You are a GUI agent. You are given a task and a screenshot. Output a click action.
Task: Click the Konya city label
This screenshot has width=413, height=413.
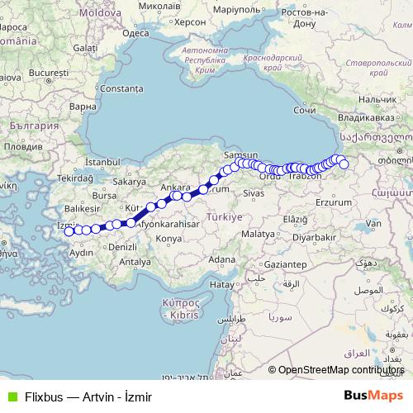[x=168, y=238]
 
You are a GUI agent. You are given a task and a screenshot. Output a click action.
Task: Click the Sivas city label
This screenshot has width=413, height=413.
[x=253, y=192]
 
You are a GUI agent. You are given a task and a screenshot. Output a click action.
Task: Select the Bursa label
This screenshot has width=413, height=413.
[x=105, y=196]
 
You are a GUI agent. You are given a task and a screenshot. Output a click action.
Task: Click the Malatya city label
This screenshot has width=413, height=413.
[x=257, y=234]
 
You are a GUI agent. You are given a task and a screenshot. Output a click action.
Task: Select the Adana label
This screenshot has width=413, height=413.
[x=221, y=259]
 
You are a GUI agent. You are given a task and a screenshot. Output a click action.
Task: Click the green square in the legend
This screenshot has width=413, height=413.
[x=11, y=396]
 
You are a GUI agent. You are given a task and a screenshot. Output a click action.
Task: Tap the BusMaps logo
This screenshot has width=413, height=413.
[x=373, y=396]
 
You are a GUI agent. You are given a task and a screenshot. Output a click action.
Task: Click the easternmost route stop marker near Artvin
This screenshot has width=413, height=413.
[x=344, y=164]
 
